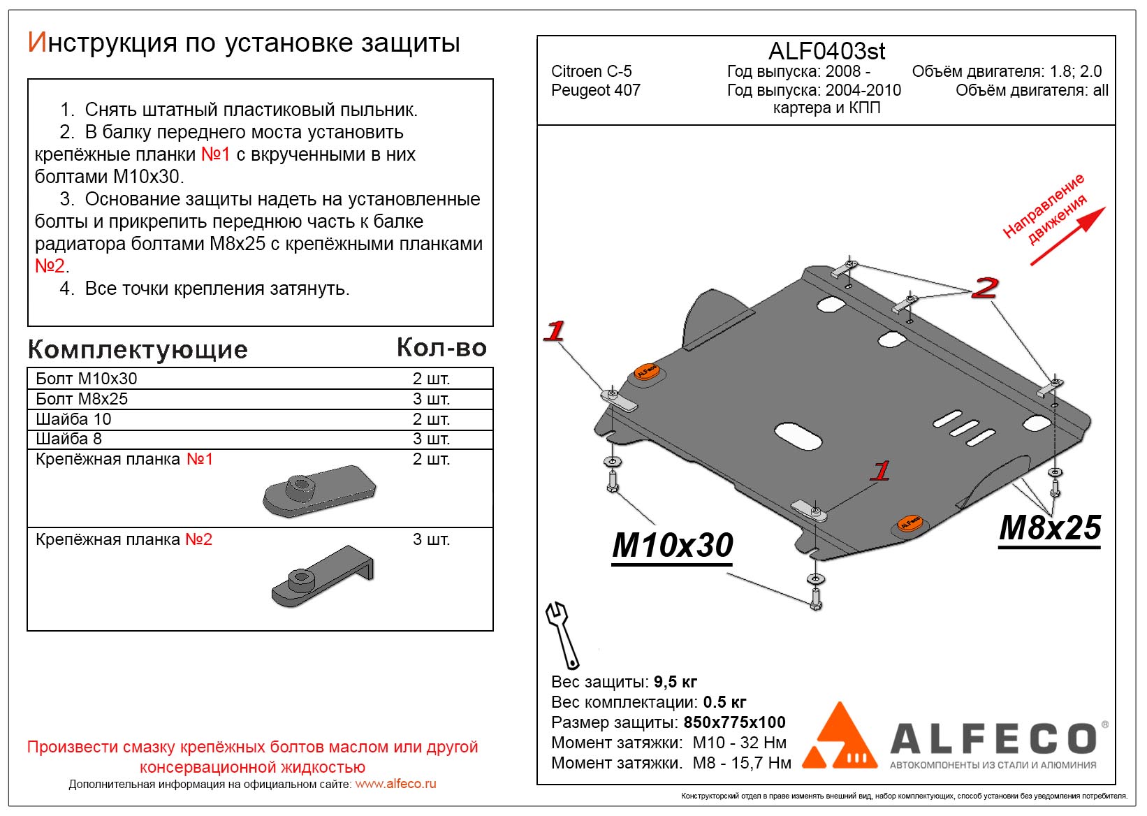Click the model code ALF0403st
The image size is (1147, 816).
pos(826,51)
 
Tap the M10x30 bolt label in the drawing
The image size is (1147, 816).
pos(673,546)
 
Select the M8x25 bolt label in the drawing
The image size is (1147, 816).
pos(1050,528)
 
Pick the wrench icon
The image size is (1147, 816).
pos(562,635)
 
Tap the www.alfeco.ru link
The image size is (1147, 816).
pos(395,784)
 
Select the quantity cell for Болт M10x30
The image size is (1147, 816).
pos(431,379)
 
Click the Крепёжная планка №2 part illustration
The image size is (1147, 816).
pos(322,576)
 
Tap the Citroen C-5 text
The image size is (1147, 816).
pos(591,71)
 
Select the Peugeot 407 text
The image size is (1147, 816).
pos(595,90)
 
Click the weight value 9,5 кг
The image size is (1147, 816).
pos(675,682)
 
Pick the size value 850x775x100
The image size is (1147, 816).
pos(734,722)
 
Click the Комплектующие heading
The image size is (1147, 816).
pos(138,349)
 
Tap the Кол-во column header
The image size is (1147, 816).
pos(441,347)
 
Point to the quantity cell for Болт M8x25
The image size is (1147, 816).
pos(431,399)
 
